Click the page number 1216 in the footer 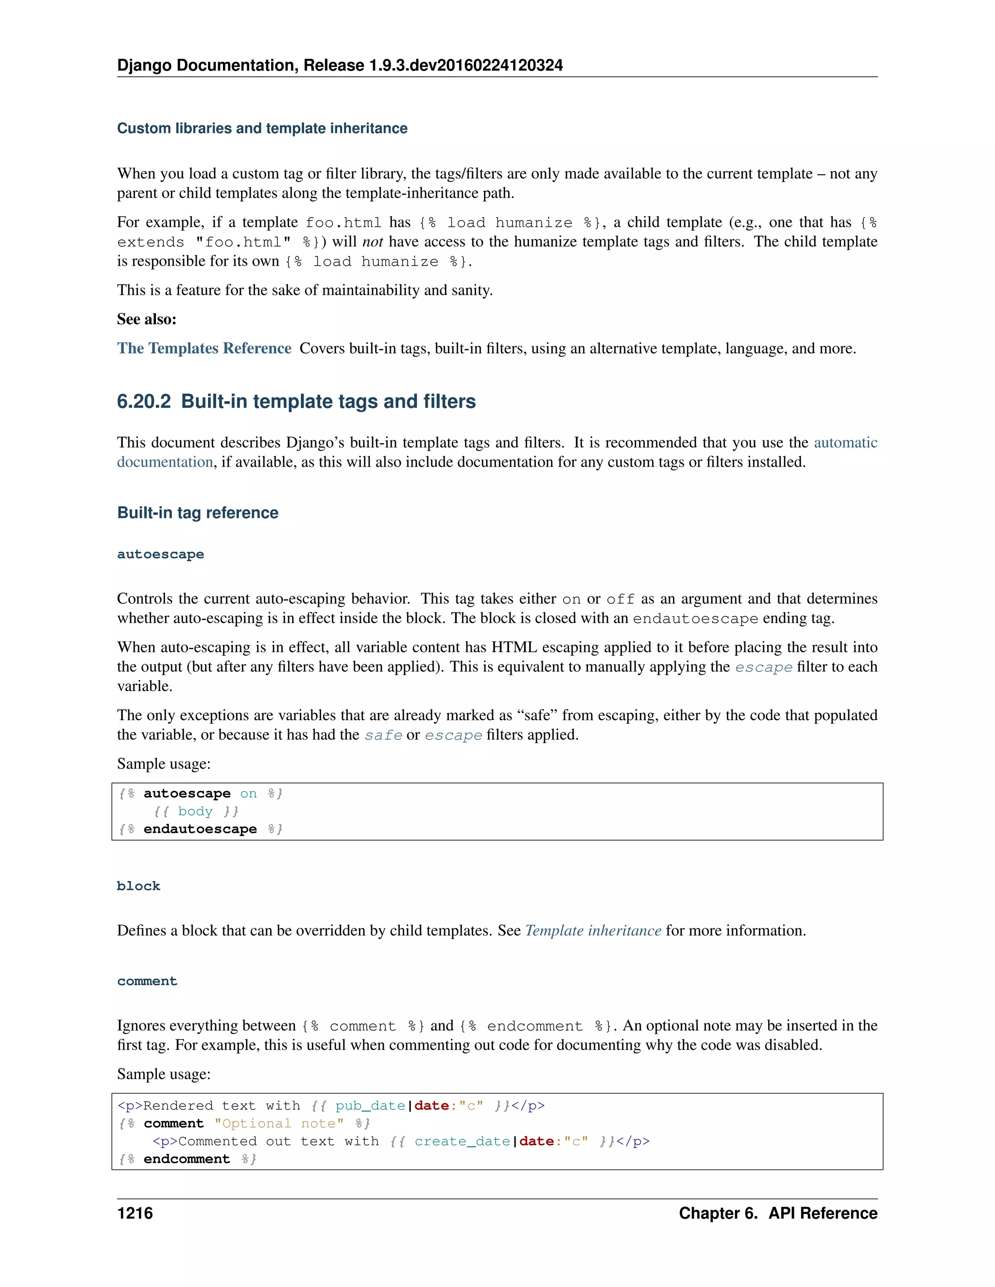pos(135,1213)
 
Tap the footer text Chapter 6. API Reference pos(777,1213)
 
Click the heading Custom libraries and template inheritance pos(262,129)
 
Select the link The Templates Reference pos(204,348)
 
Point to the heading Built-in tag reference pos(197,513)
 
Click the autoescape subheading pos(160,554)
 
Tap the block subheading pos(138,886)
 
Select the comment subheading pos(147,981)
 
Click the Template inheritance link pos(593,931)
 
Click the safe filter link pos(383,735)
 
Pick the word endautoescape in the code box pos(200,829)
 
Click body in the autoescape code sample pos(195,812)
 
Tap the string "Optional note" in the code pos(279,1124)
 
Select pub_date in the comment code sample pos(370,1106)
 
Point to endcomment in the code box pos(186,1159)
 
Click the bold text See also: pos(147,320)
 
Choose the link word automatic pos(845,442)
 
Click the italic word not pos(373,241)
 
